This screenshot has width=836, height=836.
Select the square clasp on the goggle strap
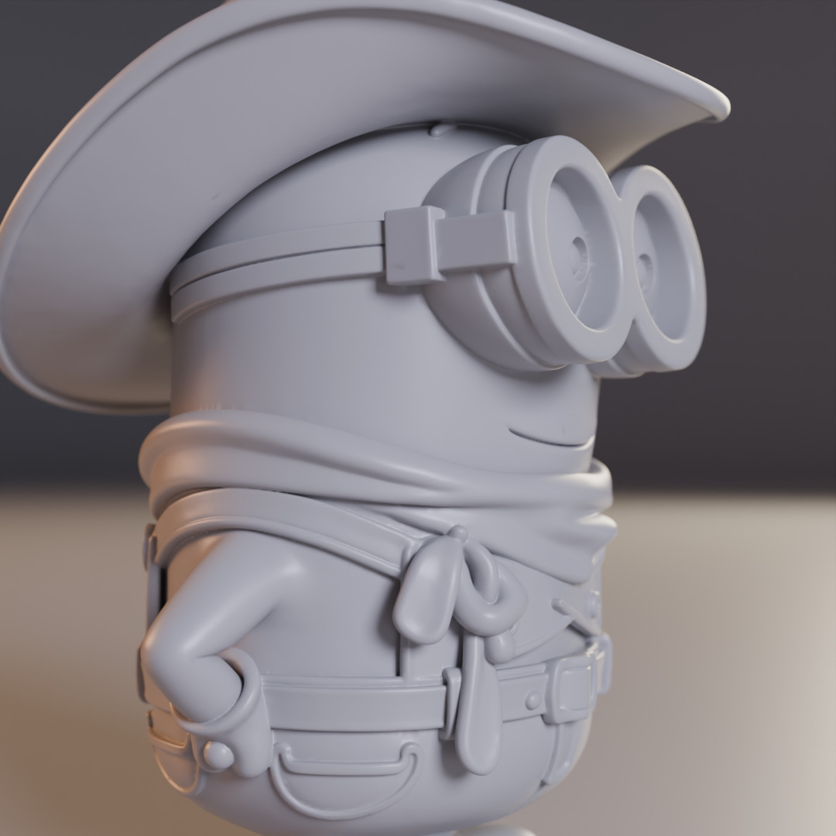point(415,245)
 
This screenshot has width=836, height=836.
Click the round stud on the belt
point(533,701)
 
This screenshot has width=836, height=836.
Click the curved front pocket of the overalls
point(348,774)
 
